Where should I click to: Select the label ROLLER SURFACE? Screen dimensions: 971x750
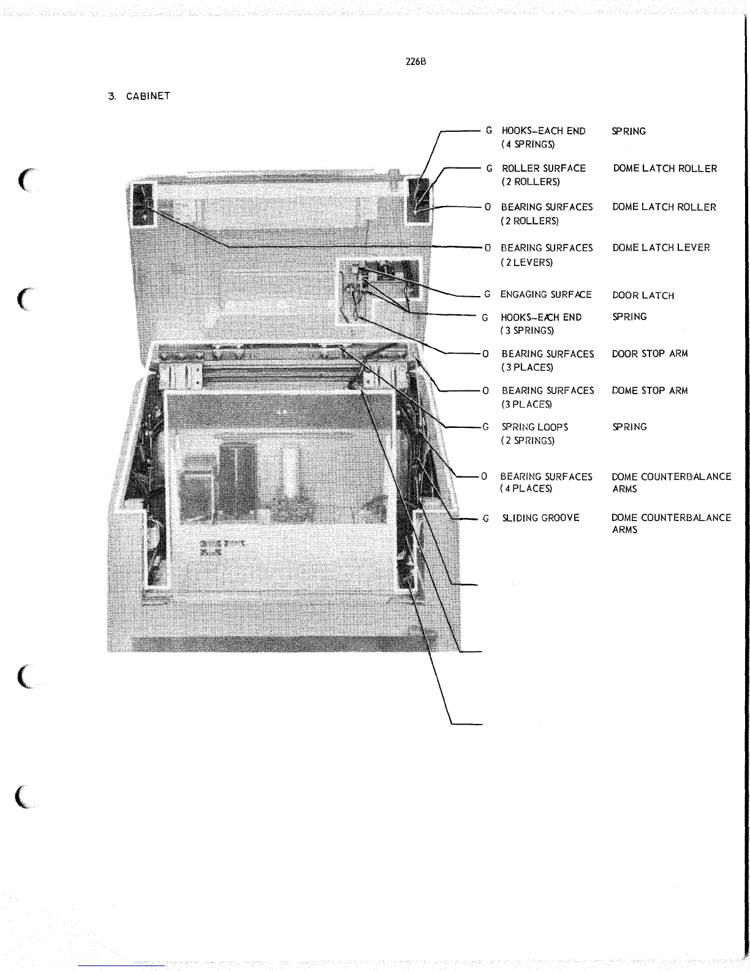coord(544,168)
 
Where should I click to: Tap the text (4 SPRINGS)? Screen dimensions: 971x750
coord(528,145)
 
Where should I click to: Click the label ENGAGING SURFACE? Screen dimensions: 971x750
coord(545,294)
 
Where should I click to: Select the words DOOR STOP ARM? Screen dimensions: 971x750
coord(650,354)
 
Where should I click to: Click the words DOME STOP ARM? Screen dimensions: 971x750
coord(650,390)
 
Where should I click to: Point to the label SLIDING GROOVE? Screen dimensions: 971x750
coord(540,518)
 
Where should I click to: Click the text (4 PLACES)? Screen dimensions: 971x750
coord(526,489)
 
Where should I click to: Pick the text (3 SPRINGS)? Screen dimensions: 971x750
coord(527,330)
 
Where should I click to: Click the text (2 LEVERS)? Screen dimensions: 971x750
coord(526,262)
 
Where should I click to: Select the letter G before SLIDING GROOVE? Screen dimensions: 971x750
coord(485,519)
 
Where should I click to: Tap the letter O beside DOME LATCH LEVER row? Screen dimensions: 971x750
coord(487,248)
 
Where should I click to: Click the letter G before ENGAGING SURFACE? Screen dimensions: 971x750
coord(487,294)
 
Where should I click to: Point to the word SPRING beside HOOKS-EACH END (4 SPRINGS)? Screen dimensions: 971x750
coord(629,131)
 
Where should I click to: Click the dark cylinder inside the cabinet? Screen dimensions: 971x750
coord(237,473)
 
